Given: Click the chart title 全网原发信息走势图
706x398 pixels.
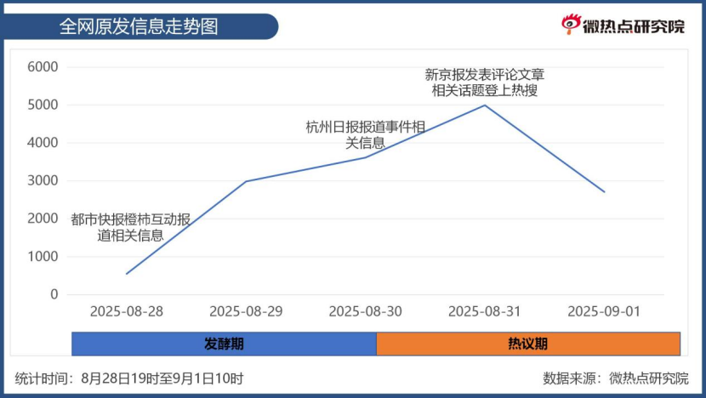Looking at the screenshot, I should point(139,26).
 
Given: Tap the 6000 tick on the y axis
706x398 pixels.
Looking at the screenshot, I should point(43,67).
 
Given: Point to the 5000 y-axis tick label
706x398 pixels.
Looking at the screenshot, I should point(43,105).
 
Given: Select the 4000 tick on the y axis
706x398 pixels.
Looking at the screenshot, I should point(43,143).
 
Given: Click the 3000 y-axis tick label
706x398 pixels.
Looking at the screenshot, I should point(43,181).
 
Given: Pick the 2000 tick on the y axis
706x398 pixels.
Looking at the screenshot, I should point(43,219).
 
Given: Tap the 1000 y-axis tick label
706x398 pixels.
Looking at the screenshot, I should point(43,257).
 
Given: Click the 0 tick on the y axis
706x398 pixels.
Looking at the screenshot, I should point(54,294).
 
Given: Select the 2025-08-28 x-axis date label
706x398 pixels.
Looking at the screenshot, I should point(127,311).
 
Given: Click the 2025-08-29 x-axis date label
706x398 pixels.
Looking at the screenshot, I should point(246,311).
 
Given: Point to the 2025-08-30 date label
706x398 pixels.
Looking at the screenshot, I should point(365,311).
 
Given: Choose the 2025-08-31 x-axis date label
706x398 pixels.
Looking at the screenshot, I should point(484,311).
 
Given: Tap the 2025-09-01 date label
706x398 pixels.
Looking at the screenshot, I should point(603,311).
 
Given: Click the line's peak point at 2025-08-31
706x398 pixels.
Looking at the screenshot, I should point(484,105).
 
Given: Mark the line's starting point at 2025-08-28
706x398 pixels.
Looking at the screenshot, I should point(127,274).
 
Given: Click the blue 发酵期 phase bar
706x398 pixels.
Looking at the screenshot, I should point(224,344).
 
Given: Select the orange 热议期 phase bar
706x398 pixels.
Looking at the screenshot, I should point(527,344).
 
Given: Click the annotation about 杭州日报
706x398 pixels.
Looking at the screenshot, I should point(366,134).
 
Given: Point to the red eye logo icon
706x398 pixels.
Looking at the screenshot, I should point(571,26).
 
